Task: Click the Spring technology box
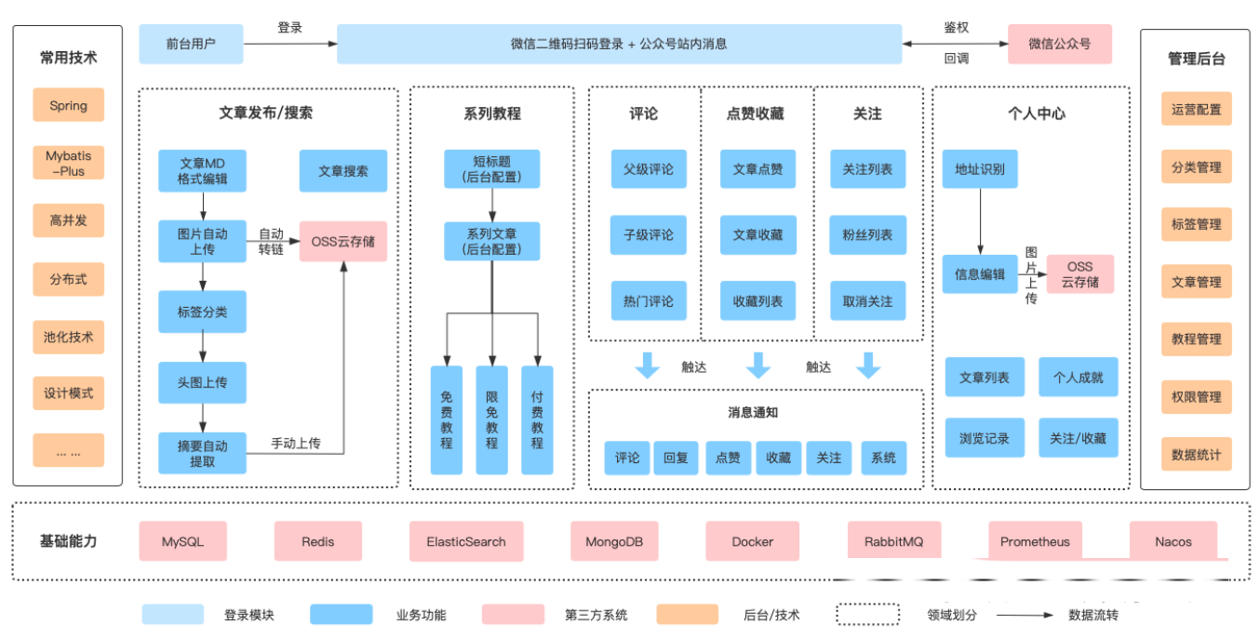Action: click(x=68, y=105)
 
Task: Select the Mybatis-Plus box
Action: click(x=68, y=163)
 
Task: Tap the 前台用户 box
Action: click(x=191, y=44)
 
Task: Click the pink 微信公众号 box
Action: click(x=1059, y=44)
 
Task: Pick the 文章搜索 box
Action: click(x=343, y=171)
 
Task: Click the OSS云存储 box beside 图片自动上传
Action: click(x=343, y=241)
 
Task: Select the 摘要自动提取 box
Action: click(x=202, y=453)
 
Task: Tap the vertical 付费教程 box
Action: click(x=537, y=419)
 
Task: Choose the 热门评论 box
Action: click(x=649, y=301)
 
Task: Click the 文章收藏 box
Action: click(x=757, y=235)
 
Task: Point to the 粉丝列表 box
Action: click(x=867, y=235)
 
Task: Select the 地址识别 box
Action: click(x=980, y=169)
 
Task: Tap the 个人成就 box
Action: click(x=1078, y=378)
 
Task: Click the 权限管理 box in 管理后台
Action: click(x=1196, y=396)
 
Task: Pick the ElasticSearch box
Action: click(x=466, y=541)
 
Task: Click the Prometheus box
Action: click(x=1035, y=541)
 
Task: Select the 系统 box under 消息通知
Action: click(x=883, y=458)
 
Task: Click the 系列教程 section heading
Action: click(x=492, y=113)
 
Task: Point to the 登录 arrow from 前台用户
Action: click(x=289, y=44)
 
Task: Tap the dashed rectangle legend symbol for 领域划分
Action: click(x=867, y=615)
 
